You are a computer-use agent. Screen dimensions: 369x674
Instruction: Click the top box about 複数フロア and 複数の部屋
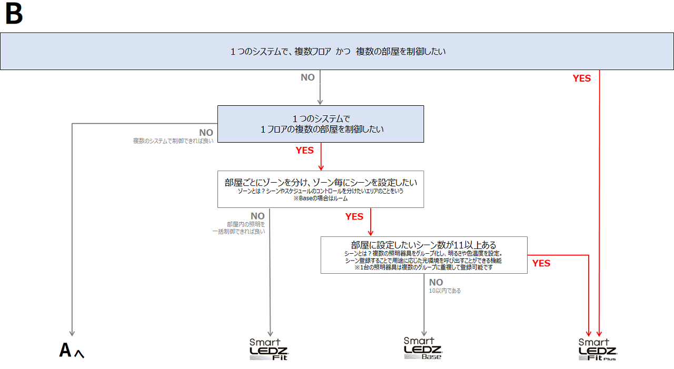coord(336,51)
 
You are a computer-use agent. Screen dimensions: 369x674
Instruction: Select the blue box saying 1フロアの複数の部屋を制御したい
coord(321,124)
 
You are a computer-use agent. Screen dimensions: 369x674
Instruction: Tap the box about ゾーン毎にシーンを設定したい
coord(321,188)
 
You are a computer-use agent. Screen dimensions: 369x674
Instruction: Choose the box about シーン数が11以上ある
coord(423,255)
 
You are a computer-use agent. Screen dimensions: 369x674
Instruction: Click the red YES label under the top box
coord(582,78)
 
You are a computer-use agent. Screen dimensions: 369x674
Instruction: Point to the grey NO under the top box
coord(308,77)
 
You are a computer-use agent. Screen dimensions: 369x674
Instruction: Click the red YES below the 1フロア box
coord(304,150)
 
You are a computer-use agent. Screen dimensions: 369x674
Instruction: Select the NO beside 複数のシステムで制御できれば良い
coord(206,133)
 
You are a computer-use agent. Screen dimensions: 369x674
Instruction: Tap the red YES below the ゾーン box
coord(354,216)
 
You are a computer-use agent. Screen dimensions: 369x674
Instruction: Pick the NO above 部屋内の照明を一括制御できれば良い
coord(257,216)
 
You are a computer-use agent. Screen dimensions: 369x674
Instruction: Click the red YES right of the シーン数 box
coord(541,263)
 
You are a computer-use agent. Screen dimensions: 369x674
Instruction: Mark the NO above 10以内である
coord(436,282)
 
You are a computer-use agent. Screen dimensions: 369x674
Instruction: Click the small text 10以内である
coord(444,291)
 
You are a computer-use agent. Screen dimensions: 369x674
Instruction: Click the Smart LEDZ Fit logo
coord(269,350)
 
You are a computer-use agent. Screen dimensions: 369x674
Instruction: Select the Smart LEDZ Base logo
coord(423,348)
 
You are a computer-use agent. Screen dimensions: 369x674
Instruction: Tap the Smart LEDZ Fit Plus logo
coord(597,350)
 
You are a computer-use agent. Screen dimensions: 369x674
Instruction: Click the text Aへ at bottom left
coord(72,351)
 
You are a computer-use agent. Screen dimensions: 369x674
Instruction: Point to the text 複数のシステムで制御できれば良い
coord(173,141)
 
